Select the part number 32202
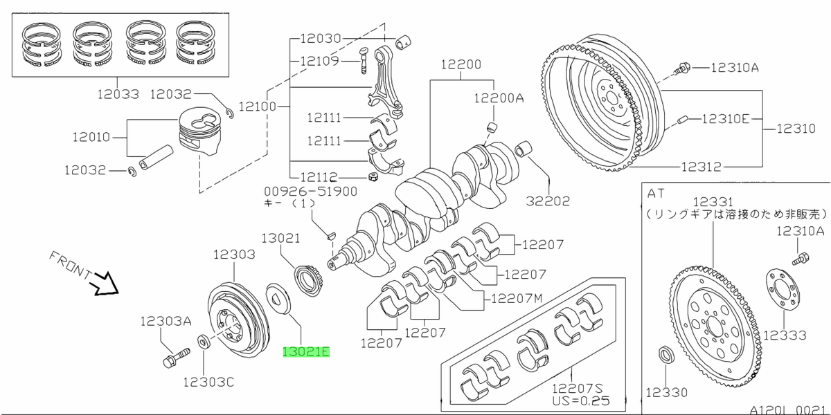[547, 202]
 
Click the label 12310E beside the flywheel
[725, 118]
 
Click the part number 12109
[319, 62]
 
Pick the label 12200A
[499, 99]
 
